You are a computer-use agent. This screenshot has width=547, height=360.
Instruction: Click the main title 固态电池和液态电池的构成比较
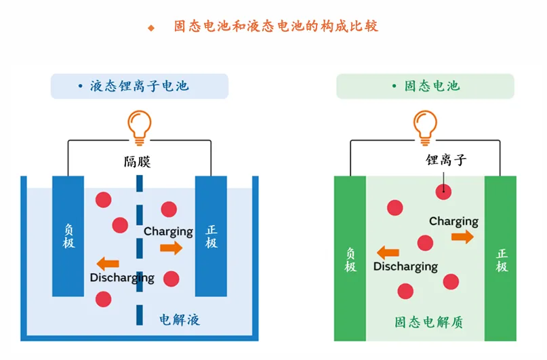click(276, 26)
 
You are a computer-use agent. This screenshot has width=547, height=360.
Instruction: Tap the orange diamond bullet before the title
click(151, 28)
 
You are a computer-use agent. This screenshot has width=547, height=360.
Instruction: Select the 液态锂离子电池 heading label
click(139, 86)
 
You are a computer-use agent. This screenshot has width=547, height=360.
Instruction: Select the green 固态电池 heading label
click(426, 86)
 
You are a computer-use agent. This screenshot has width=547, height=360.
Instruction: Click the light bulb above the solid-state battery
click(425, 126)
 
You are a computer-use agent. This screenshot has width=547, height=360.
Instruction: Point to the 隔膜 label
click(138, 161)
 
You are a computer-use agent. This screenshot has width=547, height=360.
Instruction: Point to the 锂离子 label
click(446, 161)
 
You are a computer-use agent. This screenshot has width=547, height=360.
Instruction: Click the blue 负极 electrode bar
click(68, 236)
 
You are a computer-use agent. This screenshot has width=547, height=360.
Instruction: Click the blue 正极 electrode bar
click(211, 236)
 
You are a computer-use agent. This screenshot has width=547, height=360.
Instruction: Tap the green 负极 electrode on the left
click(350, 258)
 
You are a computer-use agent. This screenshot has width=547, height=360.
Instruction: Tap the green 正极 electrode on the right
click(501, 258)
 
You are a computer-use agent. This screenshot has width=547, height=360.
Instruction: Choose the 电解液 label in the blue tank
click(180, 319)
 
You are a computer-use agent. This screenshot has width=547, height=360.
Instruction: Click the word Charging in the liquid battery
click(168, 231)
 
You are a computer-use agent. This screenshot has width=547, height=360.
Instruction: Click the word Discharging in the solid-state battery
click(405, 266)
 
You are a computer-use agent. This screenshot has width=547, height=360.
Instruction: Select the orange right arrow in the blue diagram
click(171, 248)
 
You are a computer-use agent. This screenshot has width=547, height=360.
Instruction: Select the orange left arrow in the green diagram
click(388, 253)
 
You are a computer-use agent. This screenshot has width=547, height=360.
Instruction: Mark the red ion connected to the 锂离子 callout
click(443, 191)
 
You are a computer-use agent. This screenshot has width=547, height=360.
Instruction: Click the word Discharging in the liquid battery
click(122, 278)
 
